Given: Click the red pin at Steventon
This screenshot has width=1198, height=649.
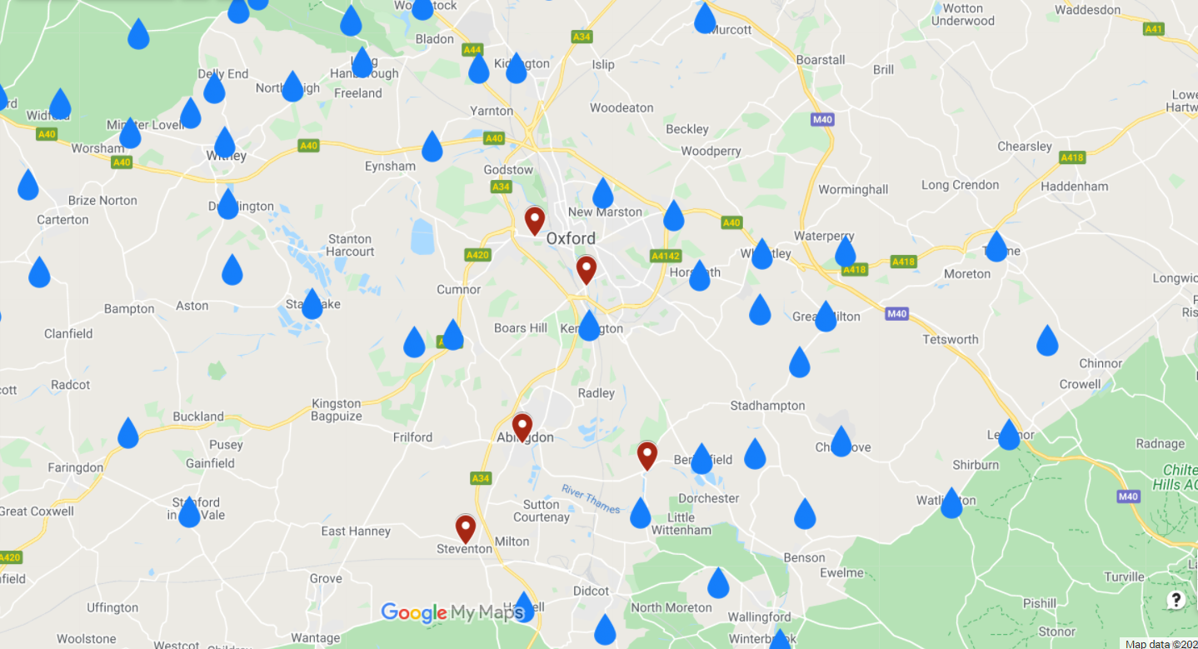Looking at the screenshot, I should click(x=465, y=527).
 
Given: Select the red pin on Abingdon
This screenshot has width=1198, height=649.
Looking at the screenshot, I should click(x=522, y=426).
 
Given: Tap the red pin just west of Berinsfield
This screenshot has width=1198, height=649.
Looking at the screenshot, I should click(x=647, y=454).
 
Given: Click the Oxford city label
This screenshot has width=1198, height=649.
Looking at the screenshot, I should click(x=571, y=238).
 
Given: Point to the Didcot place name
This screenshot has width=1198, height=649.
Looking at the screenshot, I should click(x=591, y=591).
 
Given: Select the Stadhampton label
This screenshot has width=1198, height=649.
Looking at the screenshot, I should click(x=767, y=406).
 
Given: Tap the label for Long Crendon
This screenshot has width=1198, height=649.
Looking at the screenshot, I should click(x=960, y=185).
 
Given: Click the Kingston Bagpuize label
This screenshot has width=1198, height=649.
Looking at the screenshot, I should click(x=336, y=409).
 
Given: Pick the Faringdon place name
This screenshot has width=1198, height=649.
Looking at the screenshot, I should click(x=75, y=467).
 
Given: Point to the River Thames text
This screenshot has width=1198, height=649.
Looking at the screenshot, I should click(x=590, y=497).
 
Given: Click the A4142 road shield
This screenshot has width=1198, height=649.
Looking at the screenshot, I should click(x=666, y=256).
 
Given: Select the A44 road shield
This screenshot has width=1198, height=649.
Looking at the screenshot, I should click(x=472, y=50).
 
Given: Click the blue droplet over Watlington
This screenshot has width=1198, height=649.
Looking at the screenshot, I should click(x=951, y=502).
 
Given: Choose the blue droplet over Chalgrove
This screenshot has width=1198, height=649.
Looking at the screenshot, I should click(x=841, y=441).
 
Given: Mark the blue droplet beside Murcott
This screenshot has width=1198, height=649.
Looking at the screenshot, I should click(x=705, y=17).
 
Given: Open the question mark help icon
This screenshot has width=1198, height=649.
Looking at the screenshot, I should click(x=1176, y=600).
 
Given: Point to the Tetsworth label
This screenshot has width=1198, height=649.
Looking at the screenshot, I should click(x=951, y=339).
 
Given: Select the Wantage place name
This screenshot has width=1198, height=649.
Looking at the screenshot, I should click(x=316, y=638).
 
